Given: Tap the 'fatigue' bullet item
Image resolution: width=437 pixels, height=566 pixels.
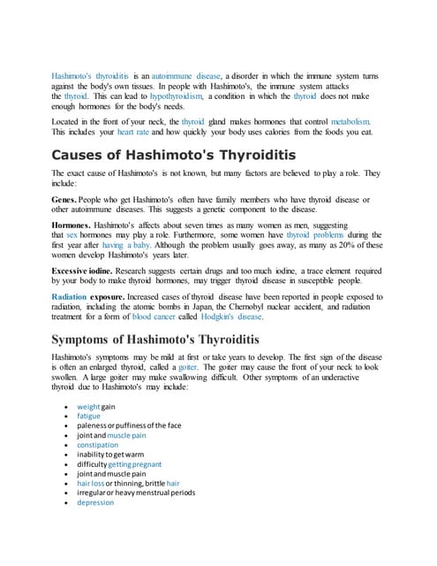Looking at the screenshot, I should click(89, 416).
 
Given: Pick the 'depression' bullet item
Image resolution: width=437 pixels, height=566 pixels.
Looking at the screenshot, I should click(95, 502).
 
